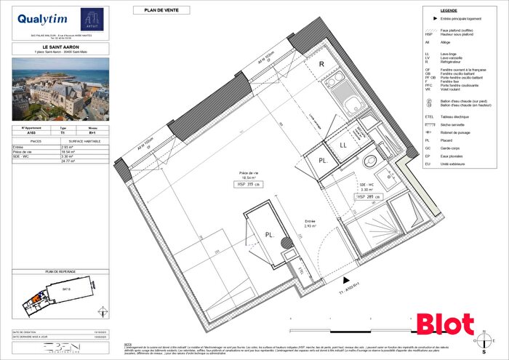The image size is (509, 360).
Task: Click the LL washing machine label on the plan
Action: [x=342, y=145]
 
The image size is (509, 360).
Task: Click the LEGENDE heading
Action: [x=459, y=11]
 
